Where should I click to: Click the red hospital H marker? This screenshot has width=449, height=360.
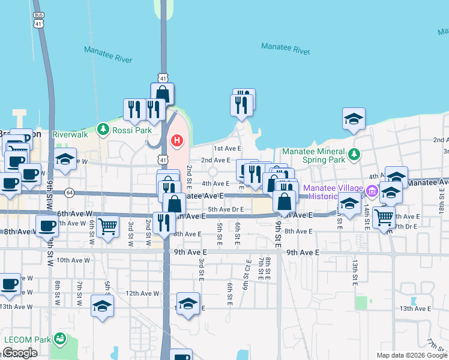coord(177,141)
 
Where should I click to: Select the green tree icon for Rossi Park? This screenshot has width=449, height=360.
coord(104,129)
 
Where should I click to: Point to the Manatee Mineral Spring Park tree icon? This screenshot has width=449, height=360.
coord(354,154)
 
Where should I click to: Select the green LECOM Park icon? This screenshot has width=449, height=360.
coord(59,339)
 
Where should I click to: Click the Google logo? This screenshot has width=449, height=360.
coord(20,353)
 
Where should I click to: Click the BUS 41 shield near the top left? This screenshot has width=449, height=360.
coord(39,20)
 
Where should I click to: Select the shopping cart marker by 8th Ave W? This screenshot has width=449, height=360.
coord(107,227)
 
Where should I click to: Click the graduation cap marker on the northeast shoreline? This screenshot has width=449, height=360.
coord(354,119)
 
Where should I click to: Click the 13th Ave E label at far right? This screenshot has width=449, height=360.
coord(415,308)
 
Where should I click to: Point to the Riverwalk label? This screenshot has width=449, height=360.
coord(70,135)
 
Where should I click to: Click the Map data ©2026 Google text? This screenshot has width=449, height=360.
coord(411,355)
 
